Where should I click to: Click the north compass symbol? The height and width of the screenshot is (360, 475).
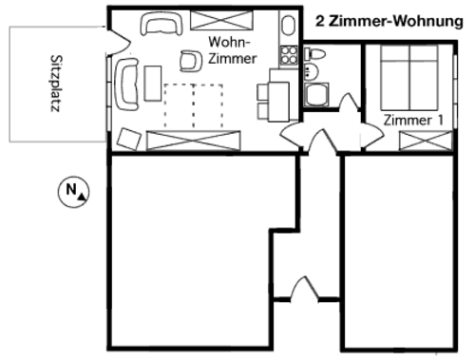click(x=73, y=192)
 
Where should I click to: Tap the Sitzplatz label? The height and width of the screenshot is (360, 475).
click(x=56, y=84)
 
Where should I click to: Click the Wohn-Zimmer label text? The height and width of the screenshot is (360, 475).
click(x=233, y=50)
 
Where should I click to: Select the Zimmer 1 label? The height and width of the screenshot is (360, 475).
click(x=413, y=121)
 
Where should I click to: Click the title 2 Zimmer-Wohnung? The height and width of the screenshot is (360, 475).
click(x=389, y=22)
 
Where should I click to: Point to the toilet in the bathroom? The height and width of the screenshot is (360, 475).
click(x=314, y=54)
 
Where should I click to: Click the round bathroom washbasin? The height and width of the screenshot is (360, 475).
click(x=311, y=71)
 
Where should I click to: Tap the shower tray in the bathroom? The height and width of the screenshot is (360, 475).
click(x=316, y=94)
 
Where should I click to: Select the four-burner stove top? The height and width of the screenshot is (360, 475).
click(x=289, y=55)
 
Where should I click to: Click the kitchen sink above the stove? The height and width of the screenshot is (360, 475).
click(x=288, y=26)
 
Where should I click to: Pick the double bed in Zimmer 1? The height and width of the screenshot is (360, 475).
click(x=409, y=78)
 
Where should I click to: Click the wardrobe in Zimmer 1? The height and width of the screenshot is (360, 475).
click(x=426, y=141)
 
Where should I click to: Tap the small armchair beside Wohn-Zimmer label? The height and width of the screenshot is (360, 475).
click(x=191, y=61)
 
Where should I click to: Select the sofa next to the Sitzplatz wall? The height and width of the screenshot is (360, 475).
click(x=127, y=84)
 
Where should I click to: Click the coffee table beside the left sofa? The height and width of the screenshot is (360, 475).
click(x=153, y=84)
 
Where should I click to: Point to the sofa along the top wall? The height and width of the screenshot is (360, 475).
click(x=161, y=23)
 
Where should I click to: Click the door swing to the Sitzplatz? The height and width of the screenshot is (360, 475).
click(x=122, y=42)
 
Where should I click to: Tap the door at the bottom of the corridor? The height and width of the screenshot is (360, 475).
click(x=305, y=289)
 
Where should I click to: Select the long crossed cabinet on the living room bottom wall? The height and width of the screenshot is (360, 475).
click(x=194, y=141)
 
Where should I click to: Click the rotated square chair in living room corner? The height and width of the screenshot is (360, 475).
click(x=129, y=139)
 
